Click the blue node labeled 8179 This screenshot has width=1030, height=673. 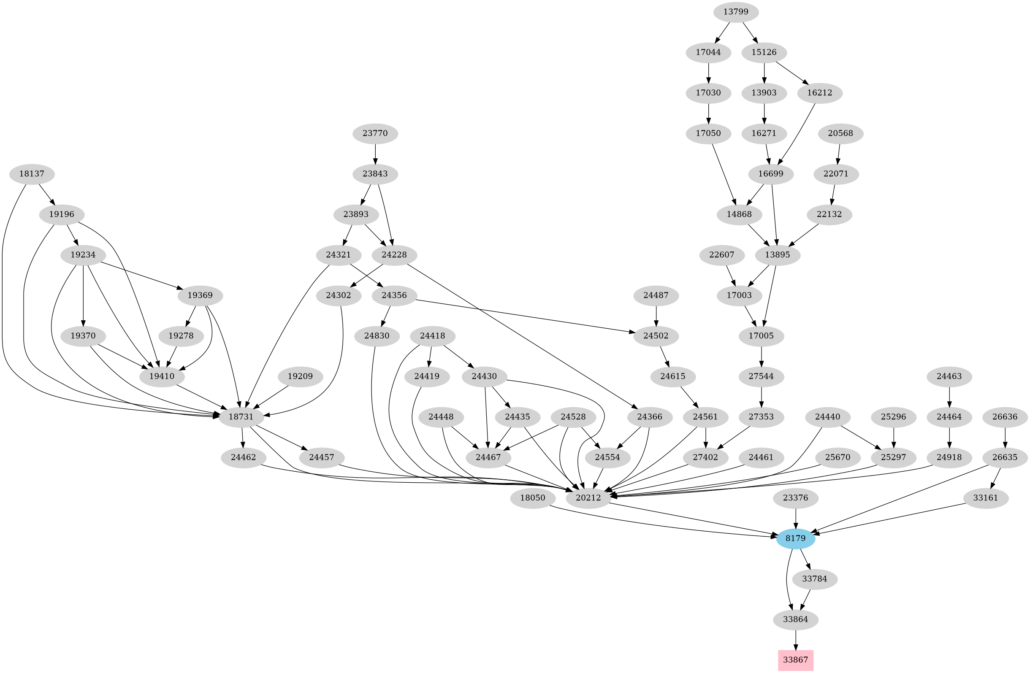click(x=795, y=538)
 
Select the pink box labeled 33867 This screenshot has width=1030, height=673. click(x=795, y=660)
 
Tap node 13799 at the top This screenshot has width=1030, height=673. click(x=736, y=12)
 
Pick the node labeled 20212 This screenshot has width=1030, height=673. click(x=588, y=498)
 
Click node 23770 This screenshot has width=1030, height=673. click(x=375, y=133)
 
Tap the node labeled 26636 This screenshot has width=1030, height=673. click(x=1005, y=417)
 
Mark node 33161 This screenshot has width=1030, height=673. click(x=985, y=498)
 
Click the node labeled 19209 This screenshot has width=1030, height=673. click(x=300, y=376)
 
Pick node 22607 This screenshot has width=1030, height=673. click(x=722, y=255)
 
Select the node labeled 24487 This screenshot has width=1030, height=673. click(x=656, y=295)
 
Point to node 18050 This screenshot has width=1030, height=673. click(x=533, y=498)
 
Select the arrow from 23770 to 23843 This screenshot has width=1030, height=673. click(x=375, y=154)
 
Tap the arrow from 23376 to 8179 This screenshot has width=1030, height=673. click(x=795, y=518)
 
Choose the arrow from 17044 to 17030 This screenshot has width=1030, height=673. click(x=708, y=73)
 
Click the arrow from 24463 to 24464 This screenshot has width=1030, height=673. click(x=949, y=397)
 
